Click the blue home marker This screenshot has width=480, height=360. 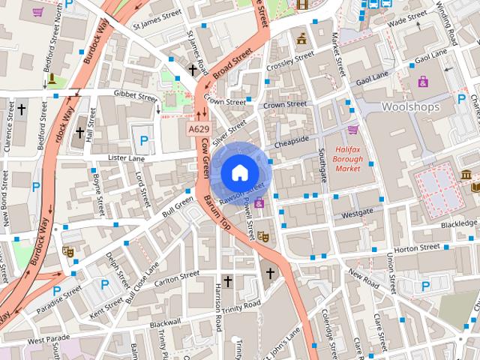(x=238, y=172)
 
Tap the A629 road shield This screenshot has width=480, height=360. (x=199, y=129)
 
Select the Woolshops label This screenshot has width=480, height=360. (x=409, y=107)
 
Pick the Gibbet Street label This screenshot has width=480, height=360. (x=135, y=95)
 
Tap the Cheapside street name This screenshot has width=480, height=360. (x=292, y=139)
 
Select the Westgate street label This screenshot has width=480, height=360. (x=356, y=214)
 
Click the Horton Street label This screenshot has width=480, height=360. (x=416, y=247)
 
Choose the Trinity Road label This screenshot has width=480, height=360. (x=240, y=304)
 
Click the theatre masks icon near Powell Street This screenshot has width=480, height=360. (x=263, y=235)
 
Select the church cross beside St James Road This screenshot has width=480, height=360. (x=193, y=70)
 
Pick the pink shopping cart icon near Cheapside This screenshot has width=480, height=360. (x=352, y=129)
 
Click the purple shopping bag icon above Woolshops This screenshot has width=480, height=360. (x=423, y=81)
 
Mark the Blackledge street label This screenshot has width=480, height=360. (x=458, y=223)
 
